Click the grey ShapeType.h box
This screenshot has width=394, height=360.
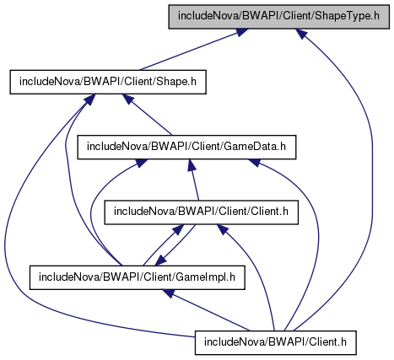click(x=278, y=16)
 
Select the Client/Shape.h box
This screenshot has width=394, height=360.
click(x=108, y=82)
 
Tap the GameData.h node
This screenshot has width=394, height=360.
click(x=186, y=147)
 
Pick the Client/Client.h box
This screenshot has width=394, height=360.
click(x=201, y=212)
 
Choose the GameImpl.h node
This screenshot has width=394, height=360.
click(x=138, y=277)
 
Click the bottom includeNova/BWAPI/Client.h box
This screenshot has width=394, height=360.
click(x=276, y=342)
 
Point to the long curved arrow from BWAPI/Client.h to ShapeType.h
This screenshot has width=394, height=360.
click(x=372, y=180)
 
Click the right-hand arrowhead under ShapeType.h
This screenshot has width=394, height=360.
click(x=300, y=34)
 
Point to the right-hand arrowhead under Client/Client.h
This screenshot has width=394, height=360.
click(x=222, y=229)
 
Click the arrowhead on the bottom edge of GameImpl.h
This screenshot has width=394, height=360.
click(x=169, y=293)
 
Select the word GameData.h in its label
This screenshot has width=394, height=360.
click(x=255, y=147)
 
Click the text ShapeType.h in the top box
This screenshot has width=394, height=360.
click(x=348, y=16)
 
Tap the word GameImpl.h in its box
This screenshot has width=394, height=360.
click(x=205, y=277)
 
